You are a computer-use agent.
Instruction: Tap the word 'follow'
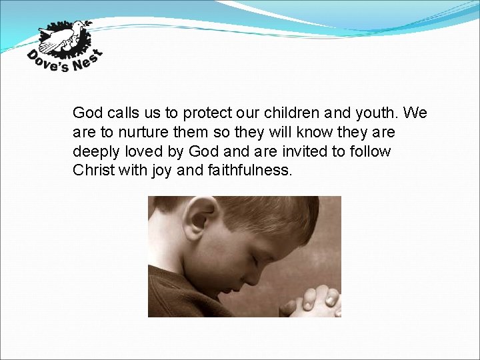[371, 151]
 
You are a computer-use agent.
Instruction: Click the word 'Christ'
[93, 171]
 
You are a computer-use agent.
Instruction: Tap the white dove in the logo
[63, 37]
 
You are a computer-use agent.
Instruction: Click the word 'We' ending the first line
[415, 113]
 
